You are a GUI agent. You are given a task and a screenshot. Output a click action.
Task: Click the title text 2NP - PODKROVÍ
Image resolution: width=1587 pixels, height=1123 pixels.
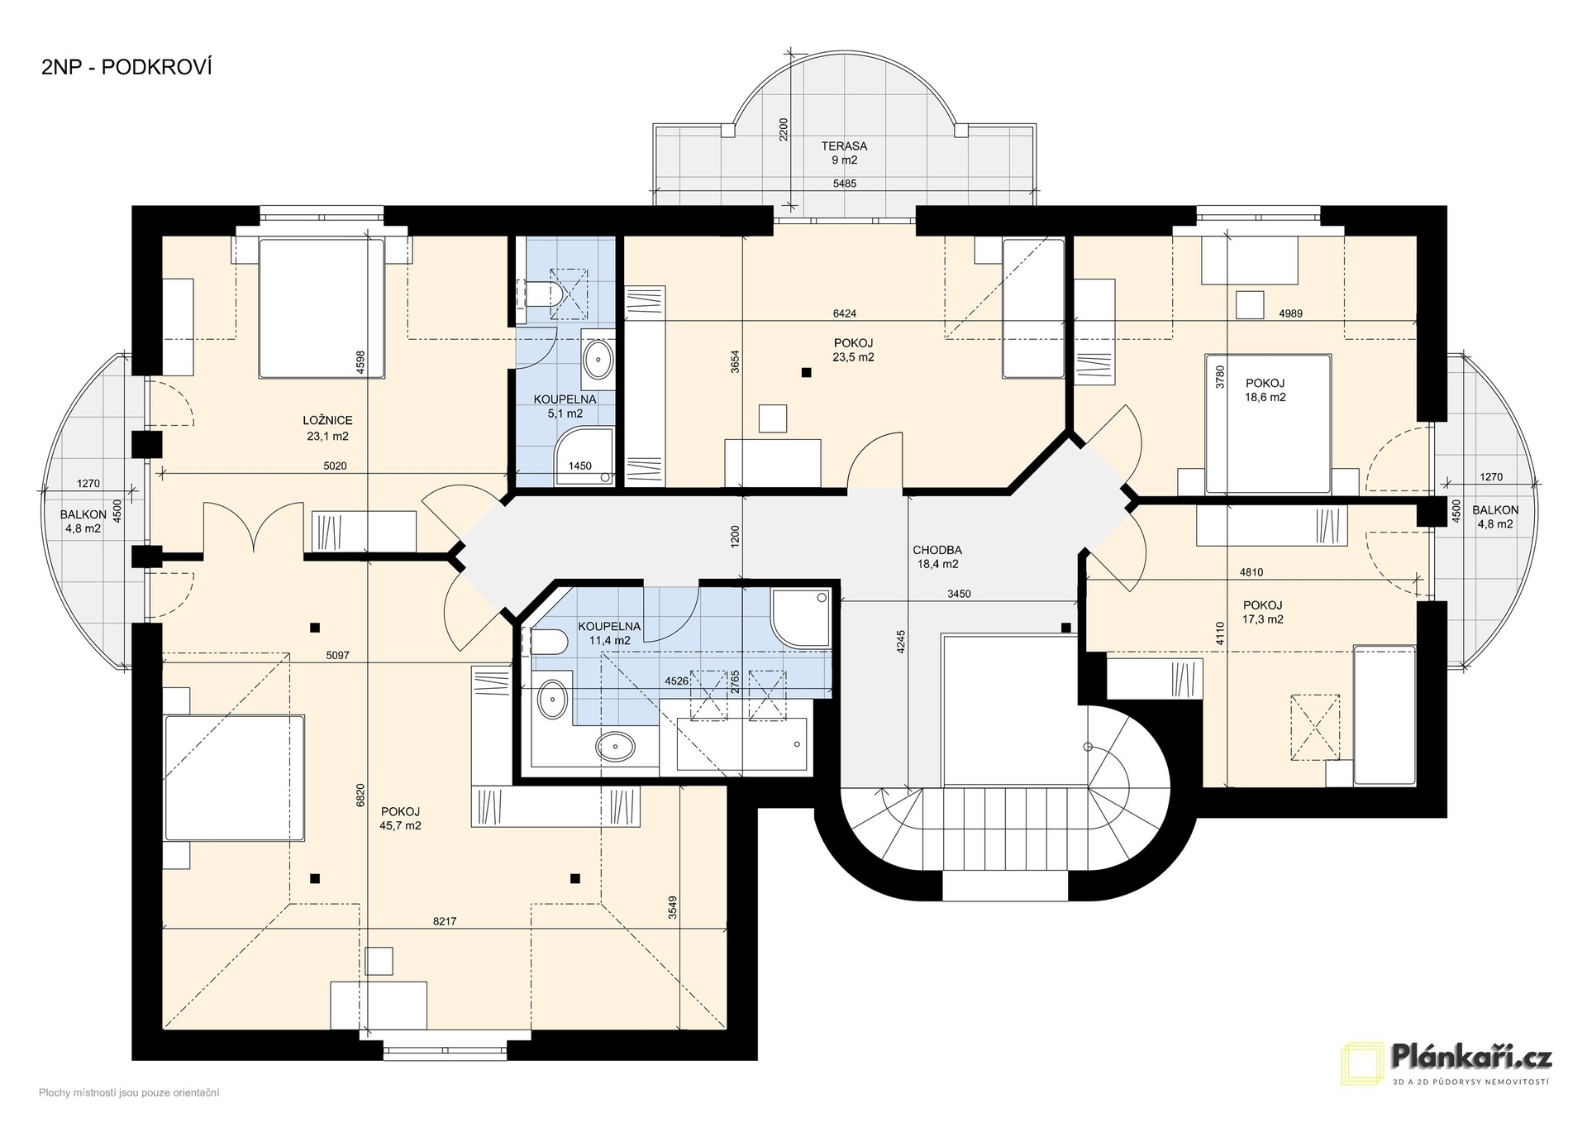[x=126, y=68]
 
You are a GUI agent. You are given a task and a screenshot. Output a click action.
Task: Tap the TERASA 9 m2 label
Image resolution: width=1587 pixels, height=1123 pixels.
[x=844, y=153]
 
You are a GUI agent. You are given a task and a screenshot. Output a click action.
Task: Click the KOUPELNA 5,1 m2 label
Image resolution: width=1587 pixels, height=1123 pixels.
[x=565, y=406]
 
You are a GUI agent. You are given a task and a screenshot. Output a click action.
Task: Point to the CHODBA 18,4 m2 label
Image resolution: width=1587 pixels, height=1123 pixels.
[x=937, y=557]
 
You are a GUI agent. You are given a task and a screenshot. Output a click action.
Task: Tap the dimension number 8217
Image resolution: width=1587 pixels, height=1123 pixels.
[x=444, y=921]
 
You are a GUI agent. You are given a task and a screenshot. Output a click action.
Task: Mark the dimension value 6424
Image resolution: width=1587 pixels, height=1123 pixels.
[x=844, y=313]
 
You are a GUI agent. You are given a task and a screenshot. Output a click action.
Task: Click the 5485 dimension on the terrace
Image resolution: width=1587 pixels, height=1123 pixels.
[x=844, y=184]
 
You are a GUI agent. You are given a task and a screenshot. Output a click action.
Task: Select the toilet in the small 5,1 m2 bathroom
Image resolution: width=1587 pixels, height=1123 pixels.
[x=545, y=294]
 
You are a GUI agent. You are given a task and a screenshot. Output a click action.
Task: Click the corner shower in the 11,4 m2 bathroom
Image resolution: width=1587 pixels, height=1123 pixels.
[x=800, y=618]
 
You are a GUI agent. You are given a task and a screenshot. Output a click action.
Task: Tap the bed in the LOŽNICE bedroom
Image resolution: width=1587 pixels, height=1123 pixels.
[x=322, y=308]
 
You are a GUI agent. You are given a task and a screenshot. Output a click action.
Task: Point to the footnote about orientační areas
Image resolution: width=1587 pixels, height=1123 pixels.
[x=129, y=1093]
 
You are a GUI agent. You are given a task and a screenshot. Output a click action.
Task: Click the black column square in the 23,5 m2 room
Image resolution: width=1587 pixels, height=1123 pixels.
[x=806, y=373]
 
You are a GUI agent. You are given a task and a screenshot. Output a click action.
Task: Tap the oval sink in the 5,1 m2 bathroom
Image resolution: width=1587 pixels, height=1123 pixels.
[x=598, y=360]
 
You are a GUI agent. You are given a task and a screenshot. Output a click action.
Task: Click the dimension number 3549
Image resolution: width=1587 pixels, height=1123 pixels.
[x=674, y=908]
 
